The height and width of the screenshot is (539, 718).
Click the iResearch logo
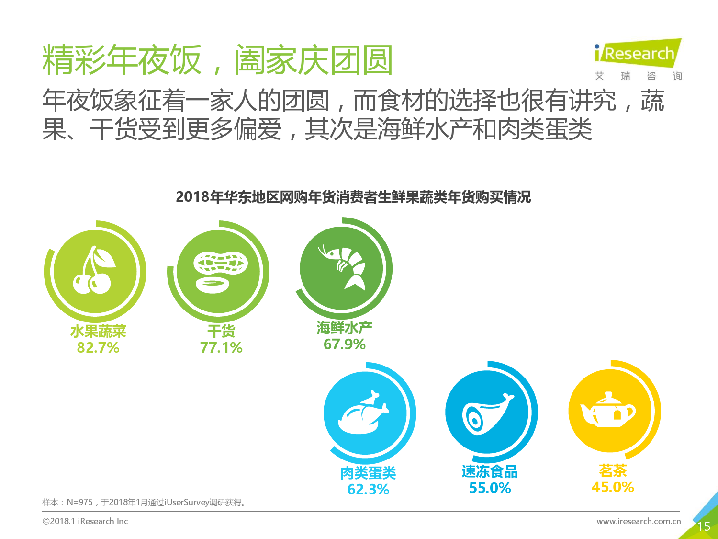click(x=638, y=54)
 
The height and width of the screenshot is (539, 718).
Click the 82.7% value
click(x=98, y=347)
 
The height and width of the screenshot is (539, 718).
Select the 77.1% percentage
click(x=221, y=347)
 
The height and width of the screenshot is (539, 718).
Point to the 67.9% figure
click(x=345, y=344)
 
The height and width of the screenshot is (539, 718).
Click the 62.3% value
click(x=368, y=489)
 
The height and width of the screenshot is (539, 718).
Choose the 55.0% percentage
click(x=490, y=488)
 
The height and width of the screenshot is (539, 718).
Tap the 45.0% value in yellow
click(x=613, y=487)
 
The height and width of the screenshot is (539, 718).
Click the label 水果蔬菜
click(x=98, y=331)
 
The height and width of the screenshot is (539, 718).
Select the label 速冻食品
click(x=490, y=472)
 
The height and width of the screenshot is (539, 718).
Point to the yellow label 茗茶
click(x=613, y=470)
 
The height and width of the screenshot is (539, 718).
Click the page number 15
click(x=704, y=527)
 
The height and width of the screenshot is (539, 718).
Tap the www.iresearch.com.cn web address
click(x=639, y=521)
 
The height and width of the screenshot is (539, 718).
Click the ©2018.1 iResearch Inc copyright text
click(x=85, y=521)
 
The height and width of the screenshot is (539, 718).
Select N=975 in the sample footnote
click(x=79, y=502)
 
